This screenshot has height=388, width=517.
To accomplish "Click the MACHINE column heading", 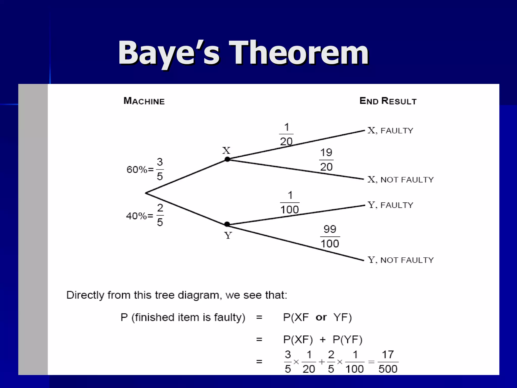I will coord(144,101).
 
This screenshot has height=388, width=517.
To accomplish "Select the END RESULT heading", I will coord(388,101).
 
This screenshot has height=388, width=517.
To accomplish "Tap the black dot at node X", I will coord(227,159).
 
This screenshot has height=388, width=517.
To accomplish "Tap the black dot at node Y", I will coord(227,224).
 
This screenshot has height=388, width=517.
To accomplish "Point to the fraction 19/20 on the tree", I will coord(326,160).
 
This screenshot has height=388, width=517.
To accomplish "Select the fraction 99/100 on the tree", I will coord(330,236).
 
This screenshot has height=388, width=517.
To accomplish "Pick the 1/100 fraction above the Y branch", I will coord(290,202).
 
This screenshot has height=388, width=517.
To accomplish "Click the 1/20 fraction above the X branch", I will coord(286,134).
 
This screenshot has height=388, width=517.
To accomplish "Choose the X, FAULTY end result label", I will coord(390,131).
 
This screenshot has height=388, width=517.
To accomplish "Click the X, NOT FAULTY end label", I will coord(400,180).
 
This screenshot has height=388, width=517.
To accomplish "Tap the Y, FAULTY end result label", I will coord(390,205).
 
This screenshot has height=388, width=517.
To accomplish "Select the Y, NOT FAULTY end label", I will coord(400,260).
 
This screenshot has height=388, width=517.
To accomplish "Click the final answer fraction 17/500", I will coord(388,362).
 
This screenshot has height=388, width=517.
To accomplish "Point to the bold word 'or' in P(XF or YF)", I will coord(321,318).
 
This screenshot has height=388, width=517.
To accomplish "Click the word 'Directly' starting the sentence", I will coord(85,295).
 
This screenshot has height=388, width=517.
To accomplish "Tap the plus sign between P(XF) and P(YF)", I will coord(322,340).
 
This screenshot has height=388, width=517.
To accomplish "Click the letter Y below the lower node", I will coord(228,236).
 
